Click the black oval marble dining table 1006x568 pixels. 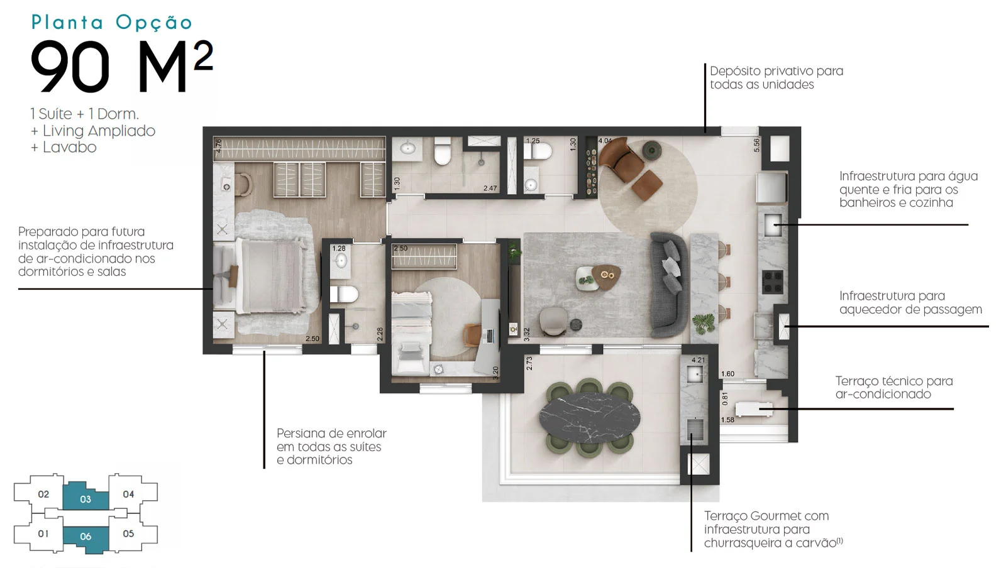[x=590, y=418]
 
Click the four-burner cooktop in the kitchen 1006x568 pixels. [x=773, y=281]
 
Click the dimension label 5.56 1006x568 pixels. [x=757, y=145]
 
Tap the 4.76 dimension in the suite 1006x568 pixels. [x=219, y=146]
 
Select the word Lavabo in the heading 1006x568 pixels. [x=70, y=147]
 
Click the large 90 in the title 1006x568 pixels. [x=70, y=67]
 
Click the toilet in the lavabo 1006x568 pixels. [x=538, y=151]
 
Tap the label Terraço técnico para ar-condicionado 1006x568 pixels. [x=893, y=387]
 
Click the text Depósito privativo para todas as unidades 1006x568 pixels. [x=777, y=78]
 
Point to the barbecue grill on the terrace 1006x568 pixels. [x=695, y=429]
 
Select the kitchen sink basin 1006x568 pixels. [x=773, y=225]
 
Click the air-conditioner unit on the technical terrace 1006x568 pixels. [x=754, y=409]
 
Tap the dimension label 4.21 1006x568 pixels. [x=699, y=360]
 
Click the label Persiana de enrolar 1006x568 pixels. [x=331, y=434]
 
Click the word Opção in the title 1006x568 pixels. [x=154, y=23]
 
